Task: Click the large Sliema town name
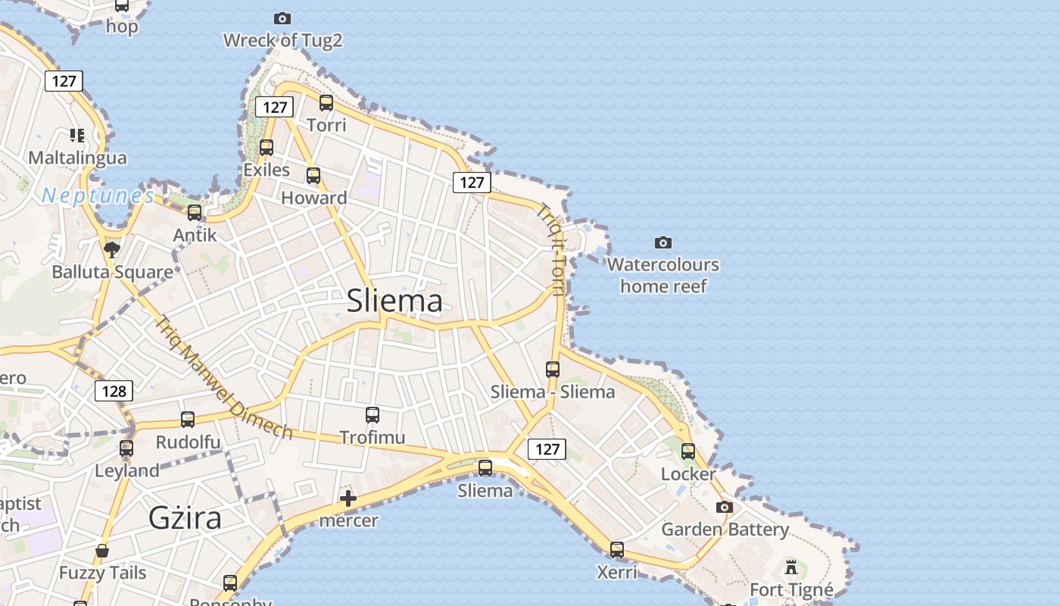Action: (x=394, y=301)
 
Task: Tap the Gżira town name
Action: (x=185, y=518)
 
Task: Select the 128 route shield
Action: (x=114, y=391)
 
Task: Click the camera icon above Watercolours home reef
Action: (x=662, y=242)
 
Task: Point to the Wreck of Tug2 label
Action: (x=282, y=40)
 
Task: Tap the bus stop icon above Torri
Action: (x=326, y=103)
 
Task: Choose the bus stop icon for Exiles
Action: (x=267, y=148)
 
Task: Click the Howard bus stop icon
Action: (x=313, y=176)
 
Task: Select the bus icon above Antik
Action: (x=195, y=213)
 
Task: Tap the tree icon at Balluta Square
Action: (x=112, y=249)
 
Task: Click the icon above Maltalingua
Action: (x=77, y=136)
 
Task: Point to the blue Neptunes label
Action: (x=98, y=195)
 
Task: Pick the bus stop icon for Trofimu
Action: (x=373, y=415)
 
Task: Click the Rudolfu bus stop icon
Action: (x=188, y=420)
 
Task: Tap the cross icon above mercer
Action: (x=348, y=498)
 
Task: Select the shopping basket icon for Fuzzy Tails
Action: (x=102, y=551)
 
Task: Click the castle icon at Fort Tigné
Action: (x=791, y=567)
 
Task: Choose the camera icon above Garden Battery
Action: (x=725, y=507)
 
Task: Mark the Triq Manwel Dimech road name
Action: (x=223, y=377)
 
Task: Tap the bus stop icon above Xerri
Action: (x=617, y=550)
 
